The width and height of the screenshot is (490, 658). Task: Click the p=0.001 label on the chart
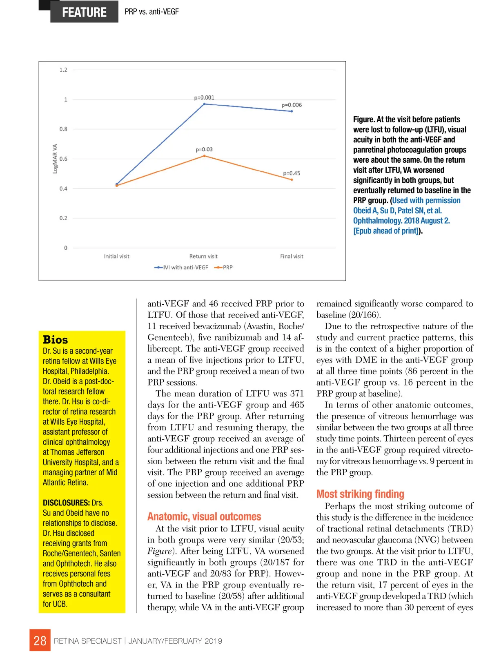click(x=204, y=97)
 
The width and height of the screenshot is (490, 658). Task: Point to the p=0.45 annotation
click(x=292, y=173)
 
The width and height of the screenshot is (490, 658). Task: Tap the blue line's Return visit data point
click(x=205, y=104)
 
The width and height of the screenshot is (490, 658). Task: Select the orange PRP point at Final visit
click(x=292, y=179)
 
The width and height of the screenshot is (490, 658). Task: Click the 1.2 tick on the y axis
click(x=63, y=70)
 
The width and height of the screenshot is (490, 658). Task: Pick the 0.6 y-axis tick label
click(x=63, y=159)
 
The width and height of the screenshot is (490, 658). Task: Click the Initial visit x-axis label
click(x=116, y=256)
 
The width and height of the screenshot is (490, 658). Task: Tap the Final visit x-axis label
click(x=292, y=256)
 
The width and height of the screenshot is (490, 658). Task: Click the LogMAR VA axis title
click(x=55, y=159)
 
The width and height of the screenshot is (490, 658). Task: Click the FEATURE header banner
click(x=84, y=12)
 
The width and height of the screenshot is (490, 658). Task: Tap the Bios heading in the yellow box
click(x=56, y=339)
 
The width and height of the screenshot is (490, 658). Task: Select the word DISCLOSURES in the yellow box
click(x=66, y=503)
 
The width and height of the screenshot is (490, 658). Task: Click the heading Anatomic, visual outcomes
click(x=204, y=516)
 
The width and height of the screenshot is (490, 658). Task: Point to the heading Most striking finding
click(x=360, y=494)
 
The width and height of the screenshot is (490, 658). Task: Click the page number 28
click(x=40, y=640)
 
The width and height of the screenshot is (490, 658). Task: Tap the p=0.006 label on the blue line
click(x=292, y=105)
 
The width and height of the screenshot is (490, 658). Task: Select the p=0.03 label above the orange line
click(x=204, y=149)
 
